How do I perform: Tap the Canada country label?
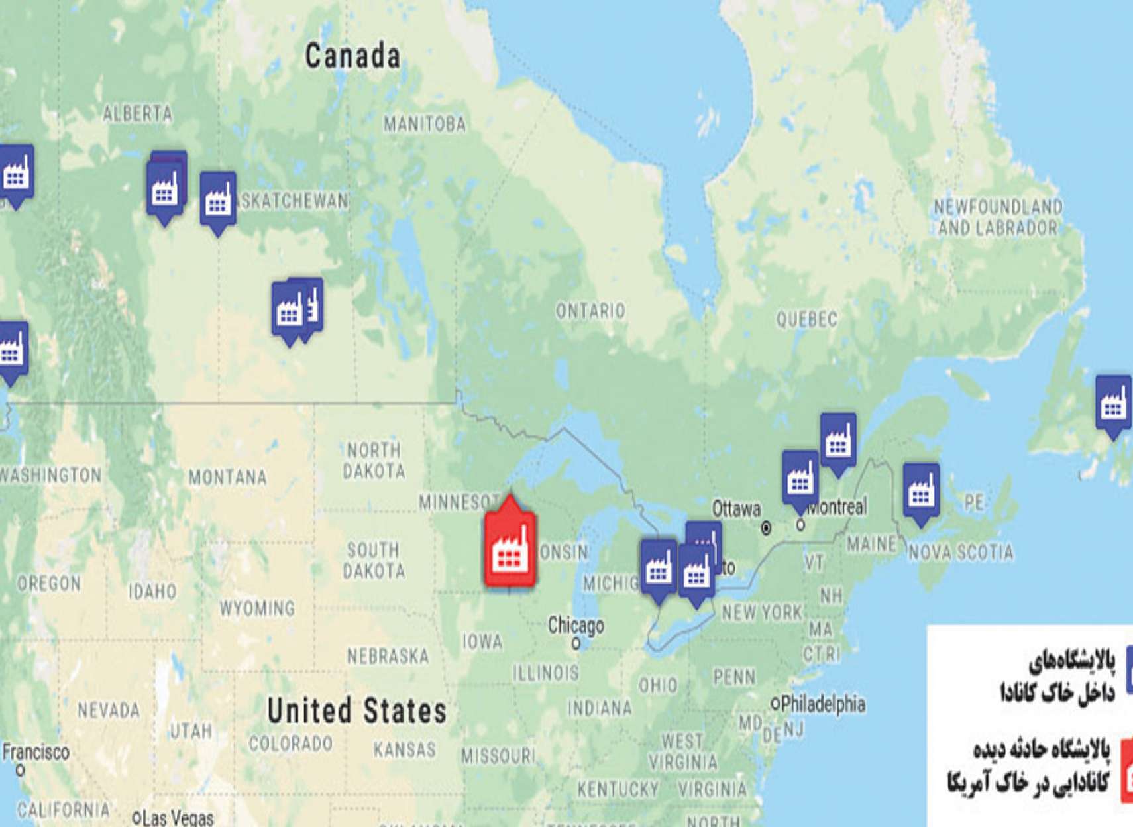[x=352, y=56]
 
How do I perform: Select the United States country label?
[x=356, y=711]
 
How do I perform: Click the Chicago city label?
[x=576, y=626]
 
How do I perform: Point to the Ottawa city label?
[x=736, y=509]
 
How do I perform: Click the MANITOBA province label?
[x=425, y=124]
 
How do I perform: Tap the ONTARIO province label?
[x=590, y=311]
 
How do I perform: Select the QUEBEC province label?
[x=806, y=320]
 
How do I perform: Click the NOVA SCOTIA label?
[x=960, y=552]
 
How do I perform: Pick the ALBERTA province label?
[x=138, y=114]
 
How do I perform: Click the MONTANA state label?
[x=227, y=477]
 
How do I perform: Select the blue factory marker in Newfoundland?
[x=1112, y=405]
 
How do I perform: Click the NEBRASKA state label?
[x=388, y=657]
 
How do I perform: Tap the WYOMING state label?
[x=257, y=608]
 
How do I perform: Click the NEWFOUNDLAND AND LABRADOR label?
[x=997, y=217]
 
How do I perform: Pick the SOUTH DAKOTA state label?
[x=373, y=560]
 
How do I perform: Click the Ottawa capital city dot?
[x=766, y=528]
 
